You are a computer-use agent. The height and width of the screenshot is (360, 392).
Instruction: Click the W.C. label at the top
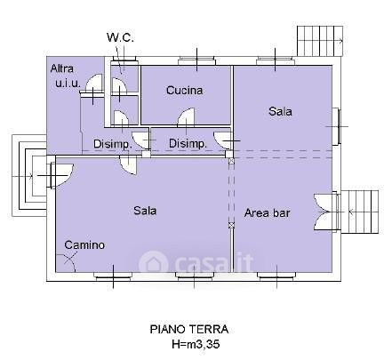point(120,37)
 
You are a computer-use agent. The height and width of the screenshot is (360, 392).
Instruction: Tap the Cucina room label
point(185,90)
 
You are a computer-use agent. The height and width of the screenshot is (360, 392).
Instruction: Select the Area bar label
point(268,212)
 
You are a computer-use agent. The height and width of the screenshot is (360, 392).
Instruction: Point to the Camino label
point(84,244)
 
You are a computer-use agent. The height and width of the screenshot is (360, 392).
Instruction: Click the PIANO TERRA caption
point(189,329)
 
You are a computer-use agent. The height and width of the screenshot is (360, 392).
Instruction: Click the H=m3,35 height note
point(196,344)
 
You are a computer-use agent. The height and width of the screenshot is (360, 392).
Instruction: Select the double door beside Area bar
point(322,212)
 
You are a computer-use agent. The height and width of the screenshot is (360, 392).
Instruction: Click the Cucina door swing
point(186,116)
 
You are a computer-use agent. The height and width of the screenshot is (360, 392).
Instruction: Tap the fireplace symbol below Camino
point(67,262)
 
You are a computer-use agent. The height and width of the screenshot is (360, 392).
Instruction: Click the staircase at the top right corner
point(320,41)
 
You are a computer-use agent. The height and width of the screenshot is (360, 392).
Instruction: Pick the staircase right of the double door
point(360,212)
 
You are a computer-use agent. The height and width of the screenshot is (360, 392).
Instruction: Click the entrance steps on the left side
point(29,176)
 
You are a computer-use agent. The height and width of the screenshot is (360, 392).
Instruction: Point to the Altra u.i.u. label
point(66,76)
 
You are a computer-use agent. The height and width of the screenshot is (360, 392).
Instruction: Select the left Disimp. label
point(113,144)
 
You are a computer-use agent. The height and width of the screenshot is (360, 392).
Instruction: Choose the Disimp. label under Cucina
point(188,144)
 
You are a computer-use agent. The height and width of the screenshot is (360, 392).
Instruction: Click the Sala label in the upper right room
point(280,111)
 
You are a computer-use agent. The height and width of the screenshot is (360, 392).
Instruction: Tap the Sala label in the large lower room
point(145,211)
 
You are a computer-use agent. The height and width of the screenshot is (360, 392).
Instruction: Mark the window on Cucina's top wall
point(197,61)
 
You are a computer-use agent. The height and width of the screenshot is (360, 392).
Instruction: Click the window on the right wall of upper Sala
point(336,126)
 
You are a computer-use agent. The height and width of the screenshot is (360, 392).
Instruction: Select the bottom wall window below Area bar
point(276,276)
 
